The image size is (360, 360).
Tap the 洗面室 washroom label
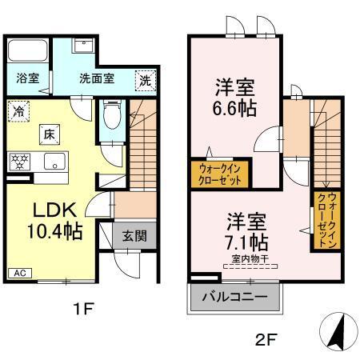pos(97,79)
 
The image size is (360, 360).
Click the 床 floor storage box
pos(48,134)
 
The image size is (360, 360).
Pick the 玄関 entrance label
pos(134,236)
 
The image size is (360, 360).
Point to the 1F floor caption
pos(82,307)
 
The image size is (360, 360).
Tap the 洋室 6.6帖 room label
pos(235,98)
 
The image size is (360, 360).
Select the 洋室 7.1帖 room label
pos(246,228)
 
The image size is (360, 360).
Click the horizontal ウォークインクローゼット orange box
pos(220,173)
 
